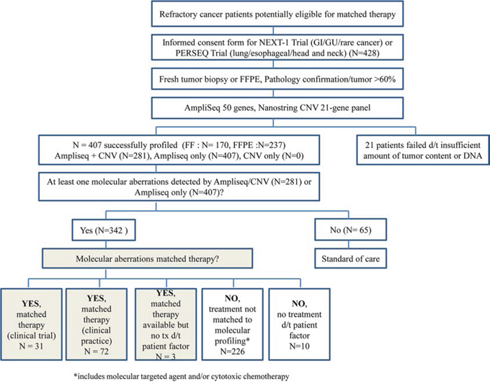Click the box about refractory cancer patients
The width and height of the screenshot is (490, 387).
click(x=277, y=14)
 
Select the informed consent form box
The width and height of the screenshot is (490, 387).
click(x=277, y=47)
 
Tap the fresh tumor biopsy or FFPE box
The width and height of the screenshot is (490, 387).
click(x=277, y=79)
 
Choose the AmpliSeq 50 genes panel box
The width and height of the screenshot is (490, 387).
click(x=277, y=108)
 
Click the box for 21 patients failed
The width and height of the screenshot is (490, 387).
click(x=423, y=150)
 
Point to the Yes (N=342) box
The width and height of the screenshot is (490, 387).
click(x=104, y=230)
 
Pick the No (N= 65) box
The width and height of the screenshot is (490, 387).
click(x=350, y=230)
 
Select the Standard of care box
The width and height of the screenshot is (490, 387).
click(x=350, y=258)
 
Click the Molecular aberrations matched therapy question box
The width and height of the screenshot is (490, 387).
click(x=147, y=258)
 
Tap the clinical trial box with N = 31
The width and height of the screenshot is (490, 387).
click(x=31, y=324)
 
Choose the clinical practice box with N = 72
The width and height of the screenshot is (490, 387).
click(x=97, y=324)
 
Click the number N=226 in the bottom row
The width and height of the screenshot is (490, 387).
click(x=232, y=352)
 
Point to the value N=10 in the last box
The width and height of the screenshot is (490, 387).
click(x=299, y=346)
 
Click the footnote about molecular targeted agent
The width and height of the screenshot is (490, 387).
click(x=182, y=376)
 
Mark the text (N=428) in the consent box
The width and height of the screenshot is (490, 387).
click(x=365, y=53)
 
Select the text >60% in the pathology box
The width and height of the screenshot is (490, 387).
click(x=385, y=79)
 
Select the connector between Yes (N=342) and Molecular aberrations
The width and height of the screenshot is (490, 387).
click(x=106, y=245)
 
